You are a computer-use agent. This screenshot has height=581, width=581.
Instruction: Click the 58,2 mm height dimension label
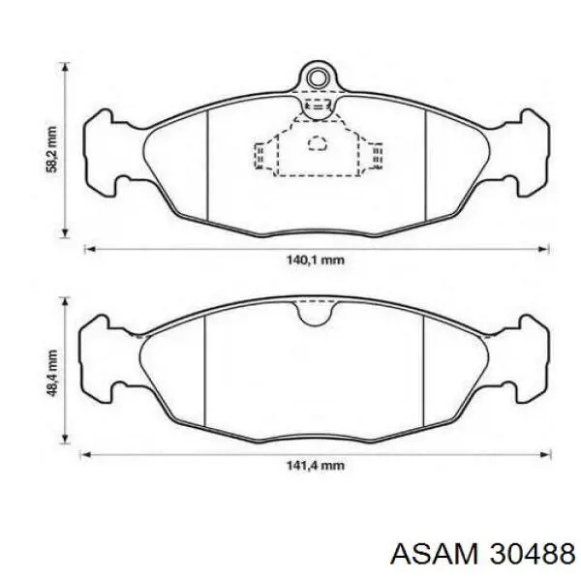click(51, 149)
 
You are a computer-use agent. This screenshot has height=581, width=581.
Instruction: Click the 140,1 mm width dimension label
click(316, 260)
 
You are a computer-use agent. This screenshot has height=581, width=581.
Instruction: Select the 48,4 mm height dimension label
click(52, 373)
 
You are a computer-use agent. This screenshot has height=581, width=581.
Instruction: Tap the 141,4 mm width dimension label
click(316, 465)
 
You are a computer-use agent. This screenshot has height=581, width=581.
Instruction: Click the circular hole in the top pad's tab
click(317, 78)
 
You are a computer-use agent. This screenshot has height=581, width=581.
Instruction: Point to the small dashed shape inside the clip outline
click(318, 143)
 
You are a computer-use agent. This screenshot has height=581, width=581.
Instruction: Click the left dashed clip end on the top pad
click(260, 156)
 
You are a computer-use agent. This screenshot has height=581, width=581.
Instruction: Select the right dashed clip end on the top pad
click(377, 156)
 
